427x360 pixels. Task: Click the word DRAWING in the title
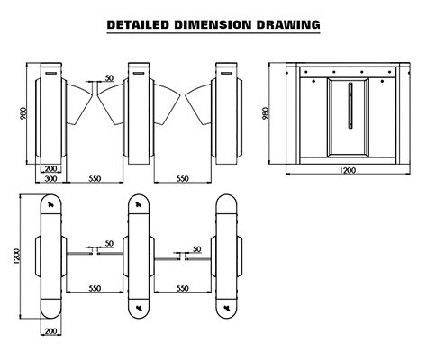pyautogui.click(x=289, y=24)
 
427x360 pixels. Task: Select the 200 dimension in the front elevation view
pyautogui.click(x=50, y=168)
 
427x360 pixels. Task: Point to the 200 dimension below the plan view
pyautogui.click(x=50, y=332)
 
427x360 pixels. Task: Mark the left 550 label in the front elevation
pyautogui.click(x=93, y=179)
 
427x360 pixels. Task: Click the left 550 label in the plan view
pyautogui.click(x=93, y=288)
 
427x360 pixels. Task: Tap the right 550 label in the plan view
pyautogui.click(x=183, y=288)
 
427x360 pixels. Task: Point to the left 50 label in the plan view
pyautogui.click(x=109, y=244)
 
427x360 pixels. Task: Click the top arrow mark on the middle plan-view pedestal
pyautogui.click(x=139, y=205)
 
